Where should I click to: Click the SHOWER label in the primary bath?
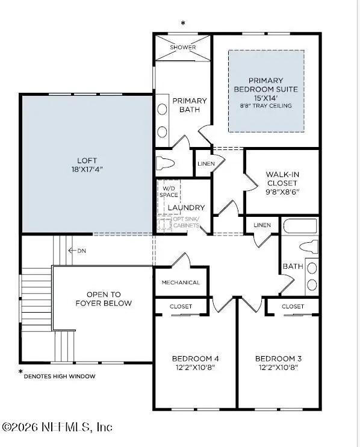tap(182, 47)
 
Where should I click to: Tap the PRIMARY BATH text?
tap(190, 105)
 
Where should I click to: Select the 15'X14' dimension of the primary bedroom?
tap(265, 98)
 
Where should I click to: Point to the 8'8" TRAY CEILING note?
tap(265, 106)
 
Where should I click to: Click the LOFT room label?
tap(87, 161)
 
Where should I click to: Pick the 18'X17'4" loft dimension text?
tap(87, 169)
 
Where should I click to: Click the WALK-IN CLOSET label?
tap(282, 178)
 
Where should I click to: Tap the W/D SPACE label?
tap(169, 191)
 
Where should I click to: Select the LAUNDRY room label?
tap(186, 208)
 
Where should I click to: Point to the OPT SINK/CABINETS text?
tap(185, 222)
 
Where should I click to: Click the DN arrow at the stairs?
tap(76, 250)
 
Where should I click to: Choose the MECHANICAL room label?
tap(181, 283)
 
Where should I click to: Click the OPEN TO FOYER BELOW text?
tap(104, 299)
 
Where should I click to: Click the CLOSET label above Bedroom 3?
tap(293, 306)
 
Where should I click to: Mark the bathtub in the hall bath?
tap(299, 227)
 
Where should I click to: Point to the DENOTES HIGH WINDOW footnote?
tap(59, 376)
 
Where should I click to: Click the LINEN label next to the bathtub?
tap(262, 225)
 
